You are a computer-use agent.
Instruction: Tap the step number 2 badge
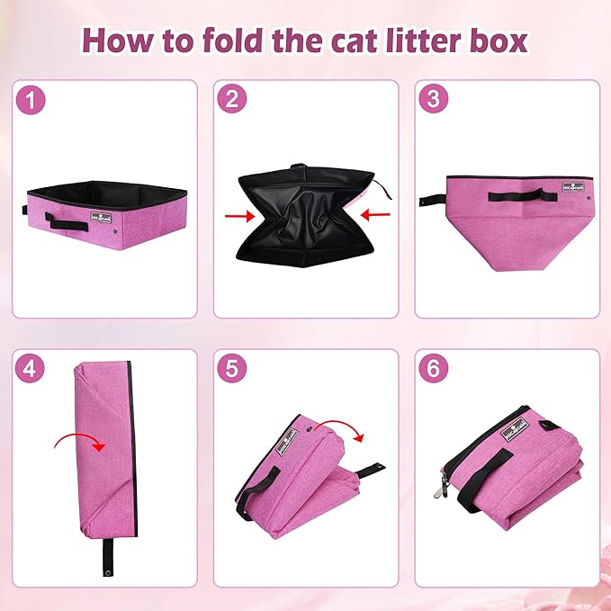tap(232, 101)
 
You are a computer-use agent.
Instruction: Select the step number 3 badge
tap(434, 101)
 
